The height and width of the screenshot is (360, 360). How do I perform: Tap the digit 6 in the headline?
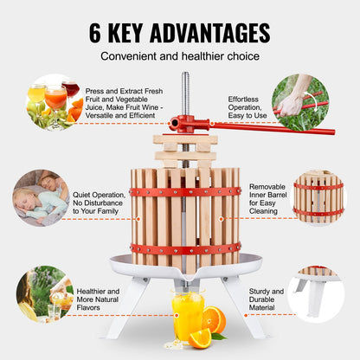[x=97, y=32]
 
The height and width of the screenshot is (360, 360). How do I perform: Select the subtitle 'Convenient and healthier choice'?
[x=179, y=57]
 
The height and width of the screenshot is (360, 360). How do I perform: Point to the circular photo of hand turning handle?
[x=299, y=100]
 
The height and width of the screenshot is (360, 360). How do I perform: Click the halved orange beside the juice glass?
[x=213, y=321]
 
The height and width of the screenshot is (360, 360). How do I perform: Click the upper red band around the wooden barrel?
[x=185, y=192]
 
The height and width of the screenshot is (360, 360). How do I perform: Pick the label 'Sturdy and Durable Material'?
[x=265, y=298]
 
